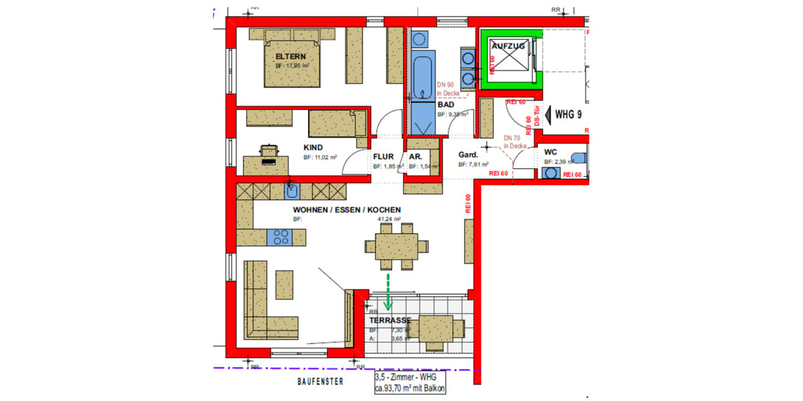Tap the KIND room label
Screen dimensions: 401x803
click(313, 147)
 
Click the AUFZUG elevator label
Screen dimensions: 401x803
click(509, 46)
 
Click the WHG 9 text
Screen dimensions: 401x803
click(568, 114)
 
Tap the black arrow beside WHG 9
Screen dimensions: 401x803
click(545, 114)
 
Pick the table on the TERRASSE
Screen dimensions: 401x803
click(437, 329)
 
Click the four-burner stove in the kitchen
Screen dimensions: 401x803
click(280, 237)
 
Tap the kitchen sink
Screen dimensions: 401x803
click(291, 192)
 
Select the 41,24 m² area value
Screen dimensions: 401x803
click(388, 219)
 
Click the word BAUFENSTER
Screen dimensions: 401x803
click(321, 382)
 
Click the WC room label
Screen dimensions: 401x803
click(551, 152)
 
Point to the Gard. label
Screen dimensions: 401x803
click(467, 154)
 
